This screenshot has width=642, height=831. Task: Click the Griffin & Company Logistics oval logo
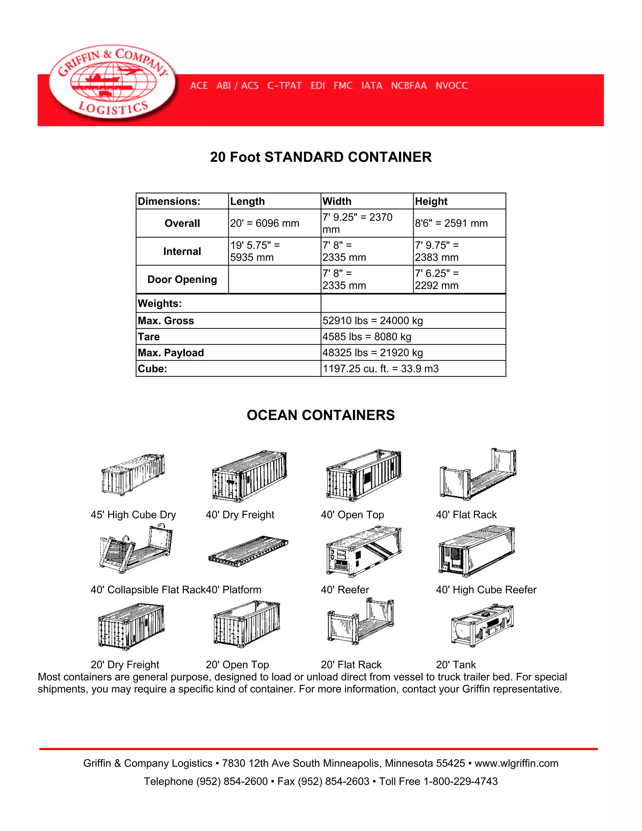click(x=112, y=82)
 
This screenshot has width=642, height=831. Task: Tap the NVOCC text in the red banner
click(x=451, y=86)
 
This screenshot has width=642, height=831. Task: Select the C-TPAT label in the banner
click(x=285, y=86)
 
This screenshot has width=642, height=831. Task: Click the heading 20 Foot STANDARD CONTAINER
click(x=321, y=157)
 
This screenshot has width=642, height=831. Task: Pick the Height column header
click(x=431, y=201)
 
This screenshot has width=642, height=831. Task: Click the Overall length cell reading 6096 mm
click(x=265, y=223)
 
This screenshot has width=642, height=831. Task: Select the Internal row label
click(x=182, y=251)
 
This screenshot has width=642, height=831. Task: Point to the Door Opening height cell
click(x=437, y=279)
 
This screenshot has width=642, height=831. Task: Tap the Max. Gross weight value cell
click(x=373, y=321)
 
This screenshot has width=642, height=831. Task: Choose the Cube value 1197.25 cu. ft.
click(x=380, y=369)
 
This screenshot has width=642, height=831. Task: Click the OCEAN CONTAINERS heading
click(x=321, y=415)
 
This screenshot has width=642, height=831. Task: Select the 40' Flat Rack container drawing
click(x=478, y=474)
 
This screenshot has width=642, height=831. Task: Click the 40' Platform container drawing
click(x=248, y=551)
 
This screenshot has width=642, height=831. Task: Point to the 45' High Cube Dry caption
click(x=133, y=515)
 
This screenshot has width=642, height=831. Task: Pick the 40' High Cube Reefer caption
click(x=486, y=590)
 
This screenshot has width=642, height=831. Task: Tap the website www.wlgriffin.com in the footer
click(x=516, y=763)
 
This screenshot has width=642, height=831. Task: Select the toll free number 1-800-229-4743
click(x=460, y=781)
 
